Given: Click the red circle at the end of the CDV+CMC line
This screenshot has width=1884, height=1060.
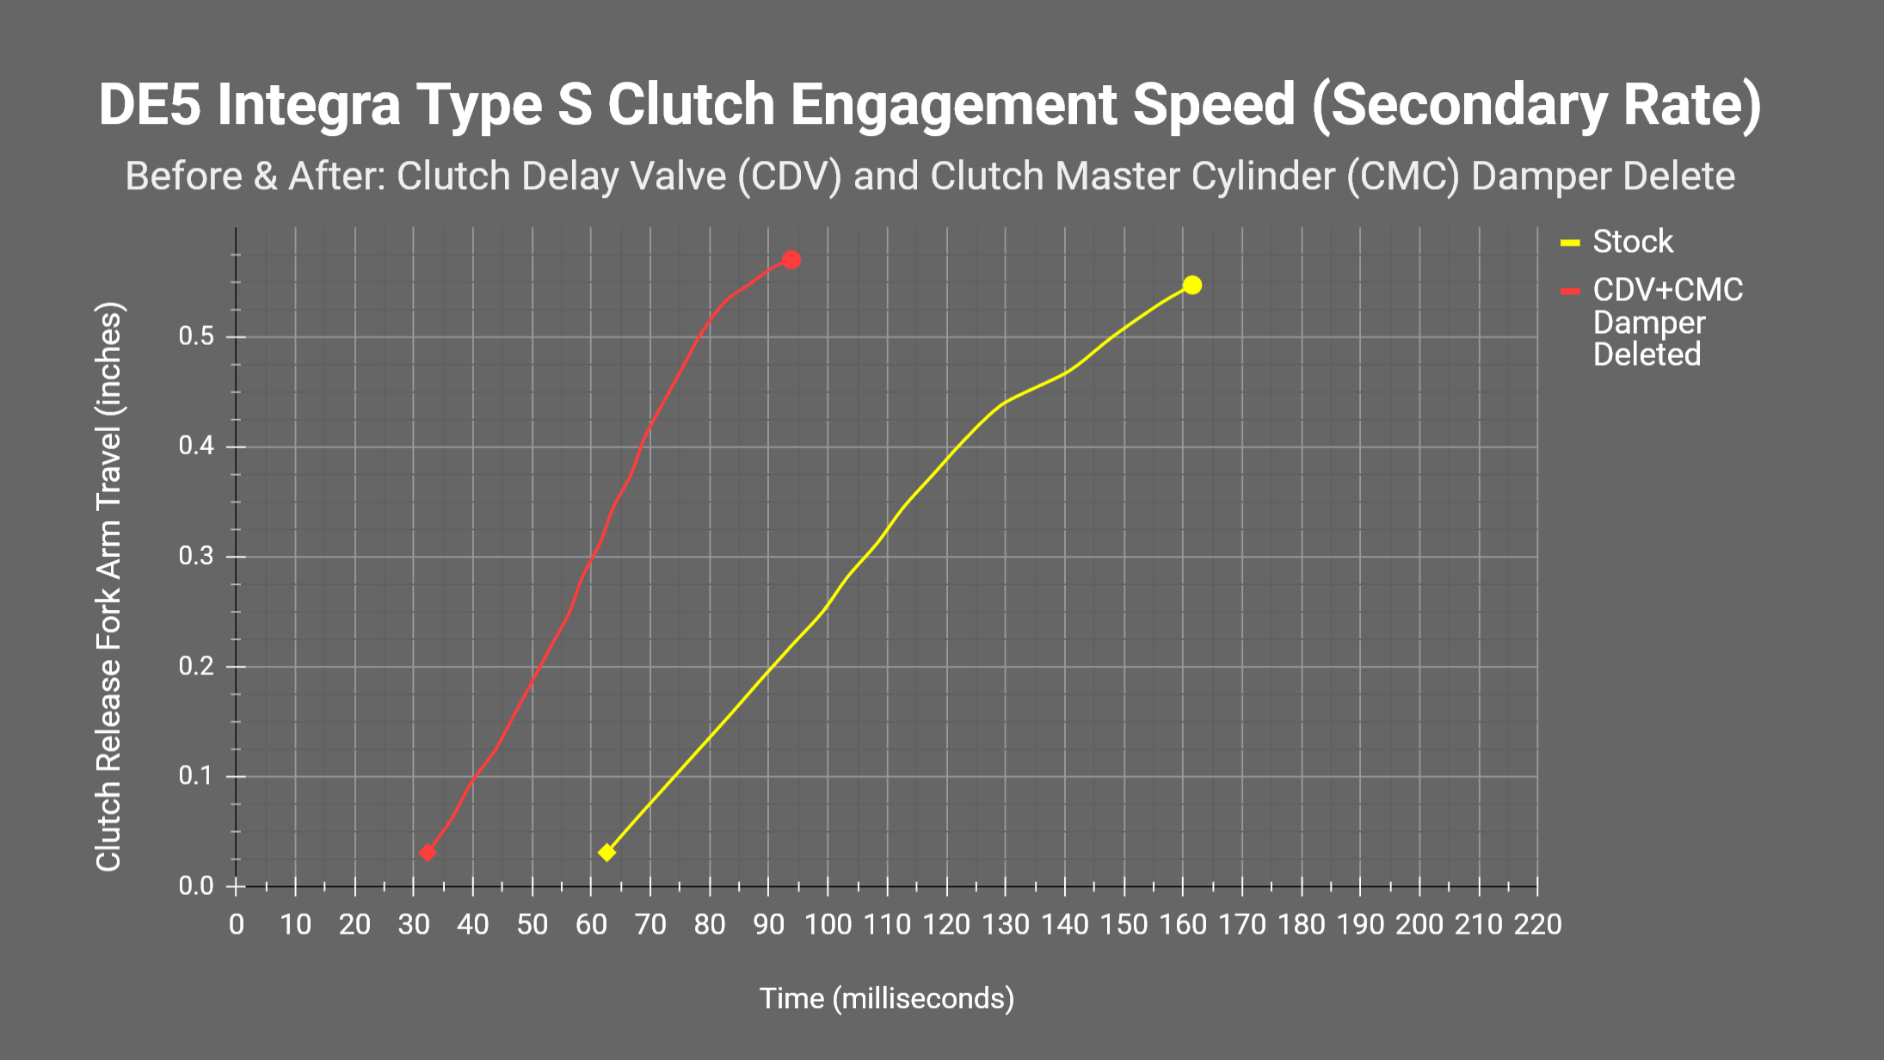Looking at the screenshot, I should [791, 260].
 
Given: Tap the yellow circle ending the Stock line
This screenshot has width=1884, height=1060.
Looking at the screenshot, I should [1191, 285].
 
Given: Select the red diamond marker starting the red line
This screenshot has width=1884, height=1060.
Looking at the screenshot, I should [428, 853].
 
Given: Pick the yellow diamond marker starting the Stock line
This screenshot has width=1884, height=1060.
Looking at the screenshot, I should [607, 853].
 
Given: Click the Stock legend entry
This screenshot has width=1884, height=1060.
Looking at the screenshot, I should [1632, 242].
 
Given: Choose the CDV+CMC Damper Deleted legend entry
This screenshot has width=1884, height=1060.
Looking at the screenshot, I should [1666, 322].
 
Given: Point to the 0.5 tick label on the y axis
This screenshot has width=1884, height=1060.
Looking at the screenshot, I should [196, 336].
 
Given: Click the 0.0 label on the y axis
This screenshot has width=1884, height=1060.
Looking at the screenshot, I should [196, 886].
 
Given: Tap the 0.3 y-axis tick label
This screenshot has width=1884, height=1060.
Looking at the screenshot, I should [196, 557].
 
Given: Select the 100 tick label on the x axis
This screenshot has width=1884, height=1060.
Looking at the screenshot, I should [828, 925].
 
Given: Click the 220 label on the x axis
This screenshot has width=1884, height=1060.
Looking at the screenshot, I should [1537, 925].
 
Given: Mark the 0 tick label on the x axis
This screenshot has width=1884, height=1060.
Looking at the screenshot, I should [237, 925].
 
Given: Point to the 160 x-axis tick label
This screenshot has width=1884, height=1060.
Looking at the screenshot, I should [1183, 925].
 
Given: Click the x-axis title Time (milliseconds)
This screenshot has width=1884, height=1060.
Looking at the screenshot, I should [886, 998].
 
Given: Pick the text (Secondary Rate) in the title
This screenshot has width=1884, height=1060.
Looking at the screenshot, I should [1536, 105].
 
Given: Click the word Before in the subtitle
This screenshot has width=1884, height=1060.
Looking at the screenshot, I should [184, 176].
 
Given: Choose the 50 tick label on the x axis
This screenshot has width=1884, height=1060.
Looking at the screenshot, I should [533, 925].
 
